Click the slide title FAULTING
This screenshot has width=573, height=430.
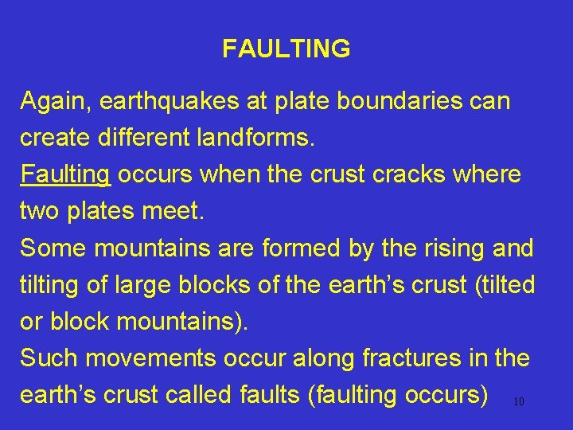tap(286, 49)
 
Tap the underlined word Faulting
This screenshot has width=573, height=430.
tap(65, 175)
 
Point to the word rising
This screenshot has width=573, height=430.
tap(442, 248)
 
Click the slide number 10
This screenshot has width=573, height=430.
tap(518, 402)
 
